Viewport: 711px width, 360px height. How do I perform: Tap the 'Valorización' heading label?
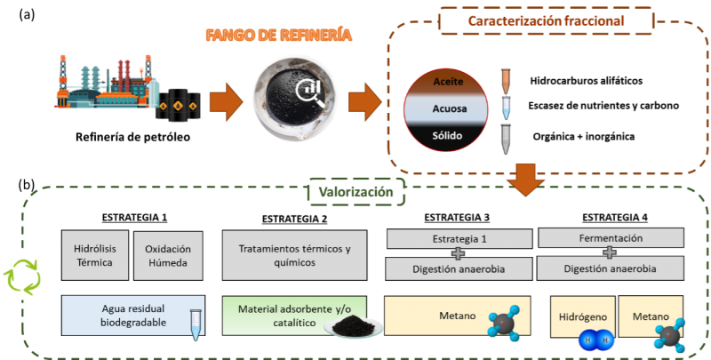pos(355,191)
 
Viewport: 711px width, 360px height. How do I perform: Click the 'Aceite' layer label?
pos(448,81)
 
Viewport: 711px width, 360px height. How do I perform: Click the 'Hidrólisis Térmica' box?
pos(93,256)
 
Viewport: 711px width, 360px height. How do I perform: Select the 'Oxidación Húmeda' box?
pos(168,256)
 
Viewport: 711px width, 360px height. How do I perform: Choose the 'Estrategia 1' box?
pos(458,238)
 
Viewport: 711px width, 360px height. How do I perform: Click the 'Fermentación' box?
pos(611,238)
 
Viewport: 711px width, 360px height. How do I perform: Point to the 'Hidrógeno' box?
pos(582,316)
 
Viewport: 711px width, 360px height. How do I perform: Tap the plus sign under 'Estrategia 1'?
pos(458,252)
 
